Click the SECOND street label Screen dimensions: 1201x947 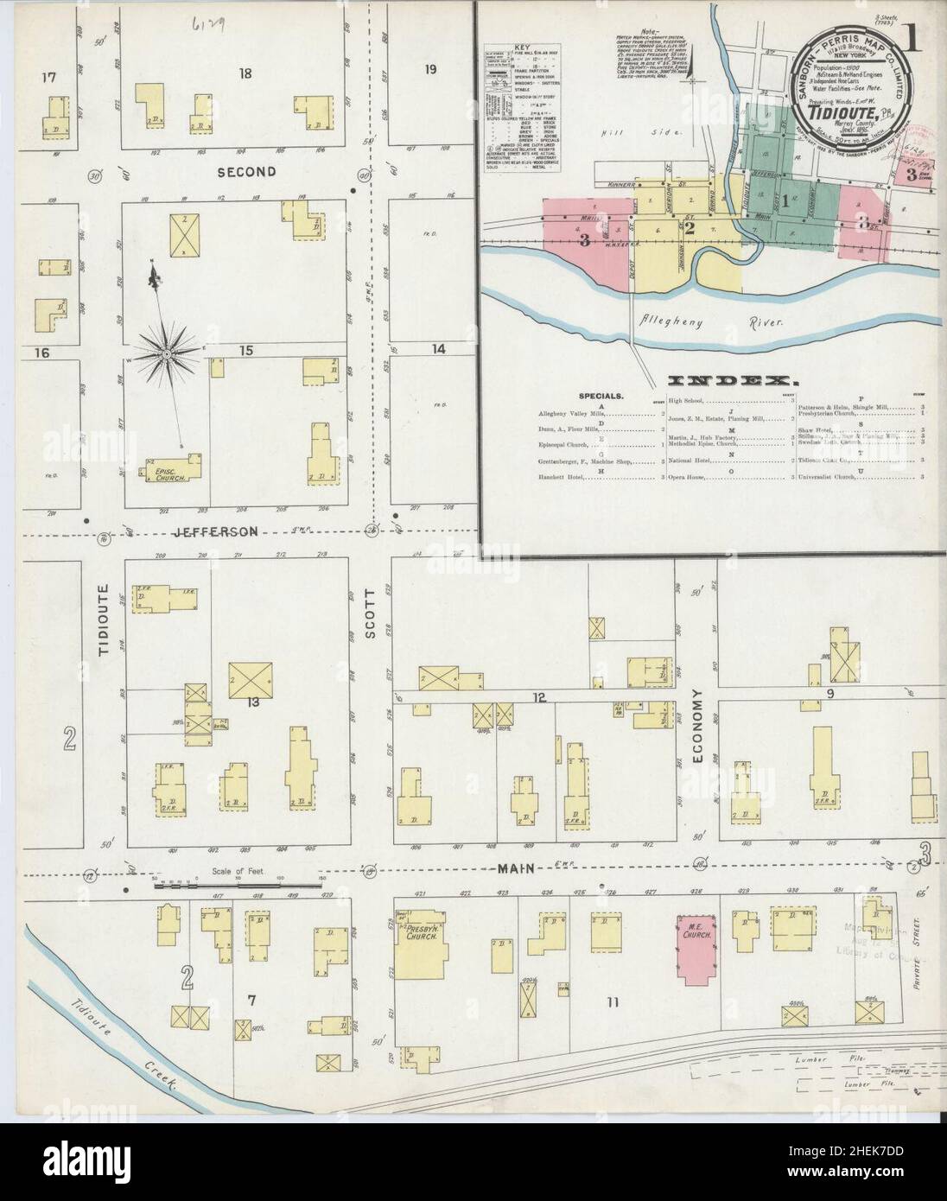point(246,172)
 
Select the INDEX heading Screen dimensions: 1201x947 point(731,380)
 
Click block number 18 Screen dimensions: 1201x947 point(246,74)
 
